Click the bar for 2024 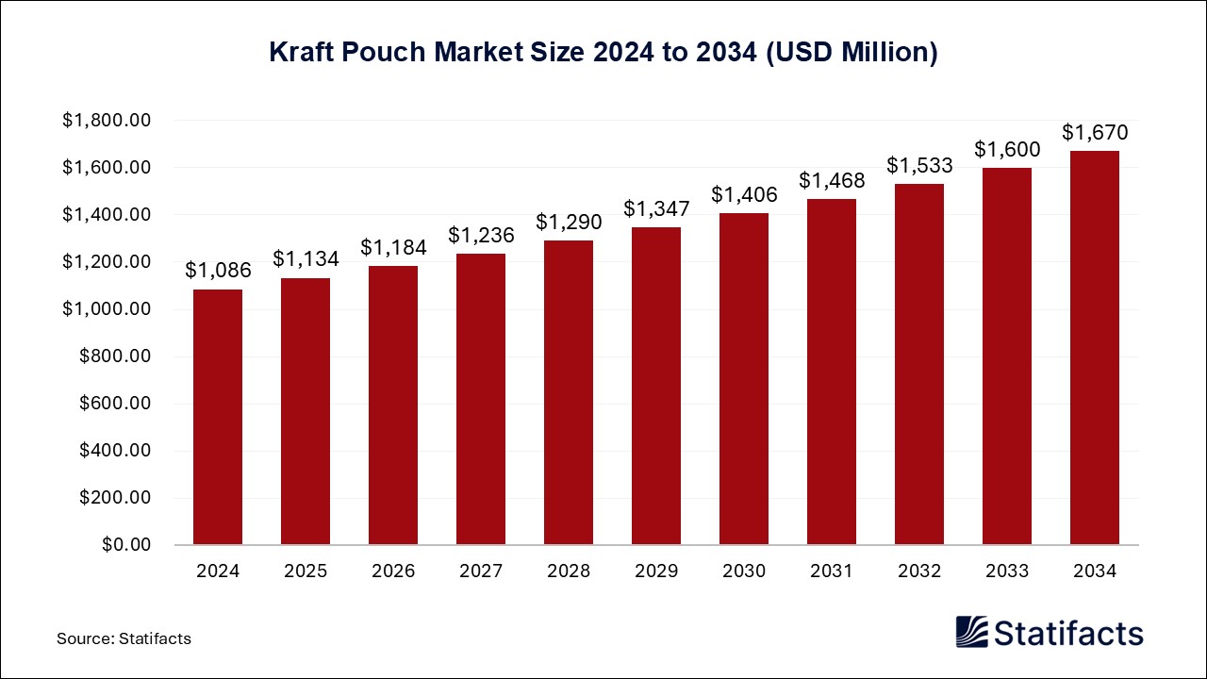point(218,417)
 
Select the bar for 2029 point(656,386)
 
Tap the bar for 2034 point(1095,348)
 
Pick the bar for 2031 point(832,372)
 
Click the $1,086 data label point(218,271)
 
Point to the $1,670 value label point(1095,132)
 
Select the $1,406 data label point(744,194)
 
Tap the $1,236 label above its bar point(481,235)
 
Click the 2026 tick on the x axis point(393,571)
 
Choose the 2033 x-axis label point(1007,571)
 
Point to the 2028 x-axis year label point(569,571)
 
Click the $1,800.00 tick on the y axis point(107,121)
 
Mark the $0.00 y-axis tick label point(127,545)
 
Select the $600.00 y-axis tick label point(114,404)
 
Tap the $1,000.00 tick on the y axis point(107,309)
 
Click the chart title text point(603,53)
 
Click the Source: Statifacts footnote point(124,638)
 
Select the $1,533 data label point(919,165)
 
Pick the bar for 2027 point(481,399)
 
